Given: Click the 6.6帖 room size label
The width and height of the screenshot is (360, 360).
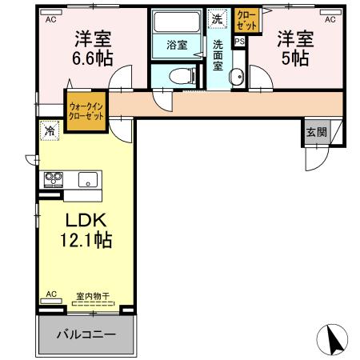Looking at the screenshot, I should pyautogui.click(x=93, y=58).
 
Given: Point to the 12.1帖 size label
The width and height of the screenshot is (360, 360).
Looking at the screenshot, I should pyautogui.click(x=85, y=238).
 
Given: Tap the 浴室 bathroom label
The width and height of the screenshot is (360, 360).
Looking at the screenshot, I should pyautogui.click(x=177, y=45).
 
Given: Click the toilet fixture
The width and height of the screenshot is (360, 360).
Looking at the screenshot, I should pyautogui.click(x=183, y=76).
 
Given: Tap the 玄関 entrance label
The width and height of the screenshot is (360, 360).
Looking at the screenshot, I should pyautogui.click(x=316, y=132).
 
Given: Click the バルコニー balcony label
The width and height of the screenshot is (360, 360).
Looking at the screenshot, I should pyautogui.click(x=86, y=334).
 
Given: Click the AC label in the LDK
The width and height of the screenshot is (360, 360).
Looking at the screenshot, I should pyautogui.click(x=50, y=294).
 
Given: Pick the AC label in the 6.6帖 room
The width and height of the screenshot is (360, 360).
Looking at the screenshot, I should pyautogui.click(x=50, y=18).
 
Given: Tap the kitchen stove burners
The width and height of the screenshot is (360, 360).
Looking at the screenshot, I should pyautogui.click(x=54, y=178).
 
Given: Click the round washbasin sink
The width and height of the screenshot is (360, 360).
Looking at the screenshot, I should pyautogui.click(x=236, y=77).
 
